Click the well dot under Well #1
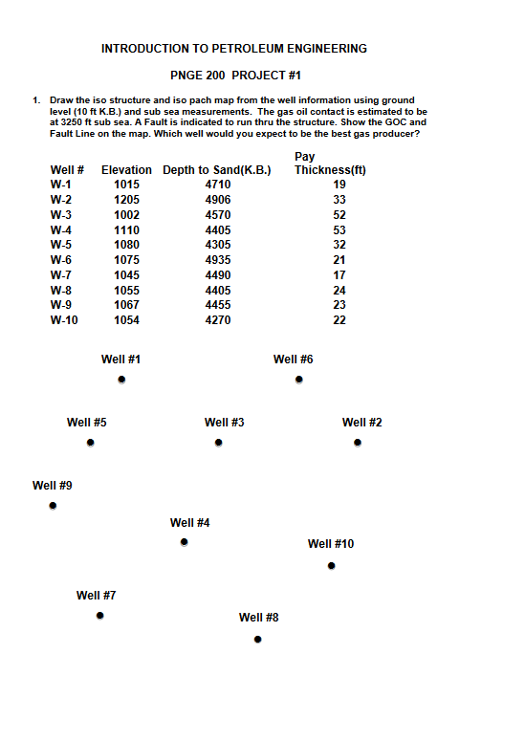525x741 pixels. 121,380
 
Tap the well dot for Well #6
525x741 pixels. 299,380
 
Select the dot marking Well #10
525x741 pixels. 331,566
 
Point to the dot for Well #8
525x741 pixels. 258,640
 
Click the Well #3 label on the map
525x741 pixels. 225,423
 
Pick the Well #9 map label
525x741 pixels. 53,486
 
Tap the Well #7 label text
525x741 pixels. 97,596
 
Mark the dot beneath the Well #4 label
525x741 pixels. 184,543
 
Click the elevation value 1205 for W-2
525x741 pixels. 126,200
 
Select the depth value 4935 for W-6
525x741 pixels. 218,260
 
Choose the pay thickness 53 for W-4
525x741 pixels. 339,230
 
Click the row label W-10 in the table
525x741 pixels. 64,320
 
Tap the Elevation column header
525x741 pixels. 126,171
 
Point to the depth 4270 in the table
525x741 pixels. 218,320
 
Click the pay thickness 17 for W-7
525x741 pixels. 339,275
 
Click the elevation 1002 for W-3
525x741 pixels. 126,215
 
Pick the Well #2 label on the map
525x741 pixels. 362,423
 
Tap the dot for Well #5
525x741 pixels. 90,443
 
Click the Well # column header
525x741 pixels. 67,171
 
